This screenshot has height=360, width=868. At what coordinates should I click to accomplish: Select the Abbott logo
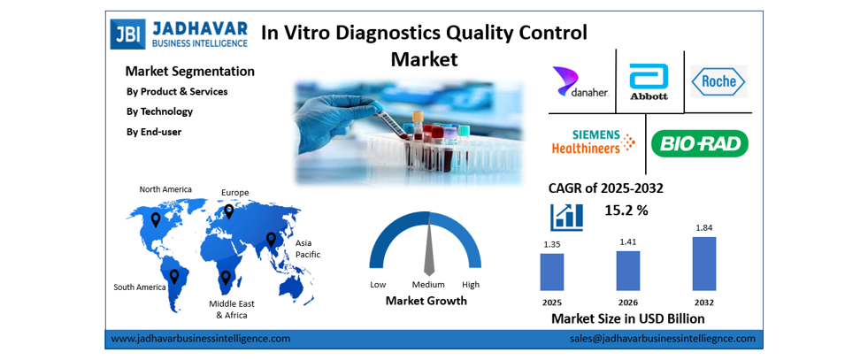(x=649, y=81)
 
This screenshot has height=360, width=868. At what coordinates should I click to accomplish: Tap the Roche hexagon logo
(x=718, y=81)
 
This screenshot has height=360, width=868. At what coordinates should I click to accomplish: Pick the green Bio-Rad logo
(x=699, y=143)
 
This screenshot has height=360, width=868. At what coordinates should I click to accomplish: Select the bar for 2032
(x=704, y=264)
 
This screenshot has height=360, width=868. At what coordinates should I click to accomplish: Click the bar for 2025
(x=551, y=272)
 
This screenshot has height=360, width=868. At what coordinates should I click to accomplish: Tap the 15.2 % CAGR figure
(x=626, y=211)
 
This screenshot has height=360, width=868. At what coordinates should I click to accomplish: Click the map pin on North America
(x=156, y=218)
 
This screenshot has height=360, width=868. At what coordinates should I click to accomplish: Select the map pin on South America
(x=174, y=277)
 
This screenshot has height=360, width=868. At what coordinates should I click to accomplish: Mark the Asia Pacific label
(x=307, y=249)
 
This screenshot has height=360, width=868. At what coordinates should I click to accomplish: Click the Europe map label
(x=234, y=192)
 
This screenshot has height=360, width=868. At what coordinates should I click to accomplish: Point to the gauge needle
(x=429, y=251)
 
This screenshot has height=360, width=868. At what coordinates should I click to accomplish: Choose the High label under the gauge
(x=470, y=285)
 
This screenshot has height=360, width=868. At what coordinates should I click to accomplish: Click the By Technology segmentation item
(x=159, y=111)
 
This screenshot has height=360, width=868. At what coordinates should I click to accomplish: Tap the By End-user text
(x=154, y=132)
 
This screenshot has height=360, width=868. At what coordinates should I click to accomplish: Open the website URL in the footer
(x=200, y=339)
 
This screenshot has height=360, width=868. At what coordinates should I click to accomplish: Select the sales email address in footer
(x=662, y=339)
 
